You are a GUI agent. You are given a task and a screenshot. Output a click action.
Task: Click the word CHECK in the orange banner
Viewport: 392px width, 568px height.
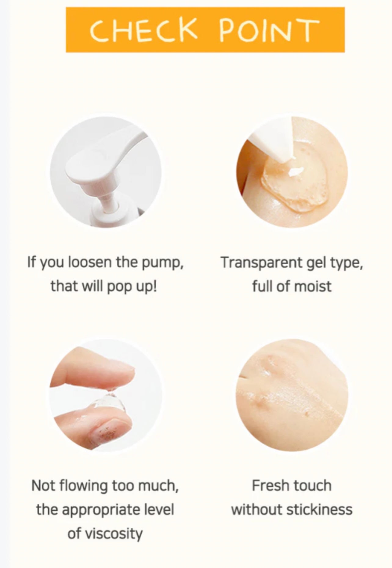143,30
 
